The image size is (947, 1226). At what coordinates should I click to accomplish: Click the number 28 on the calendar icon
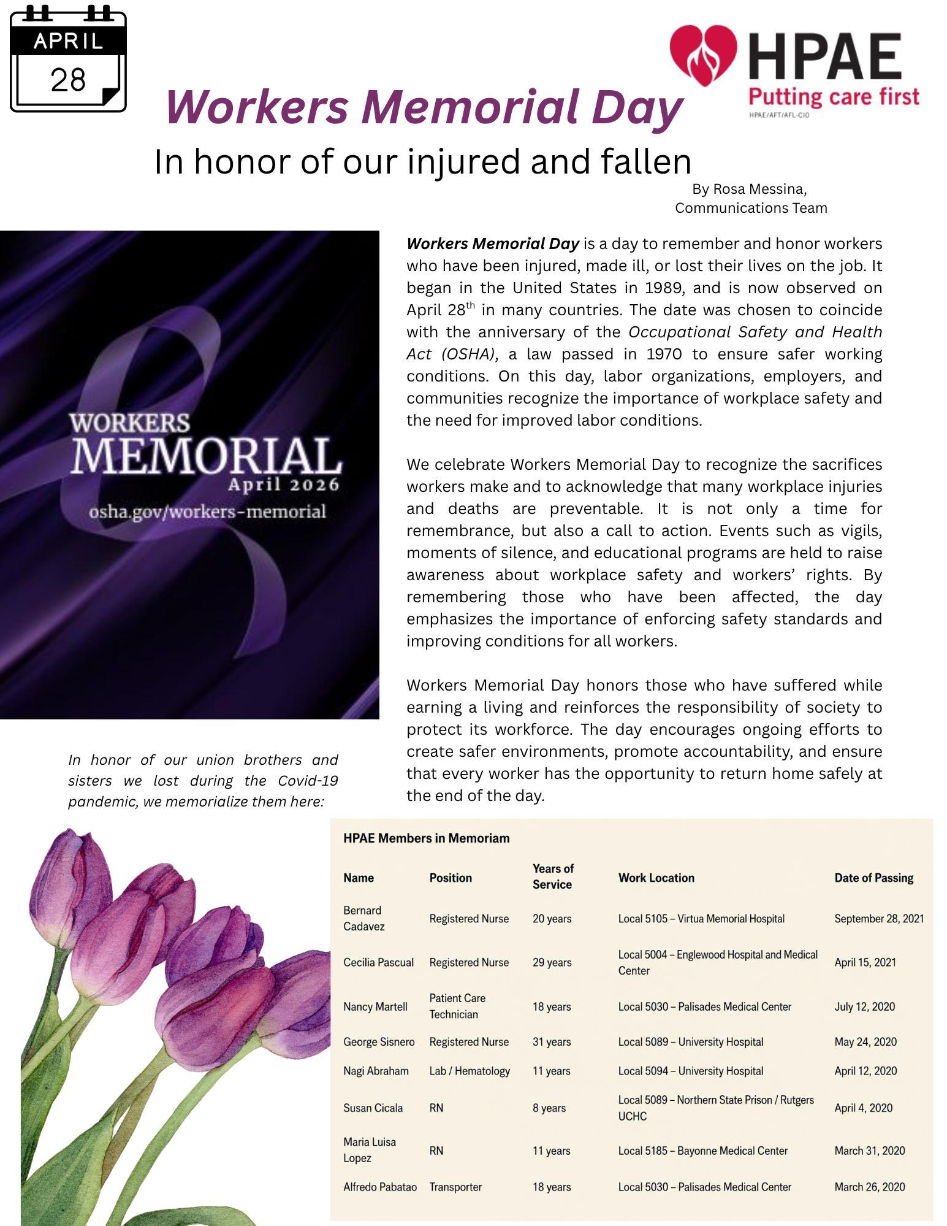(68, 80)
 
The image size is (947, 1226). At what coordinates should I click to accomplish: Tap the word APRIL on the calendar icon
(68, 41)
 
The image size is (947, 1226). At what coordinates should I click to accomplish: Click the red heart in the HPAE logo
(703, 56)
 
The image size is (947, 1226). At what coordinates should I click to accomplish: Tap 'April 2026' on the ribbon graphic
(283, 485)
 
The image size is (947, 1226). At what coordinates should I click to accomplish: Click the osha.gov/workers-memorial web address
(208, 511)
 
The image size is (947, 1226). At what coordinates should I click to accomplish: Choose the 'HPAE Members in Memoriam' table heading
(426, 838)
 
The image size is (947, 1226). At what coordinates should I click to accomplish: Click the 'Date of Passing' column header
(873, 878)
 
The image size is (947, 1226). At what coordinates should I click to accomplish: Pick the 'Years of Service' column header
(552, 876)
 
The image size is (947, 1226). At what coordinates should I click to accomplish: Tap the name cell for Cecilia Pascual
(378, 962)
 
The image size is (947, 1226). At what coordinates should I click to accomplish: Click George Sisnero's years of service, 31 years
(552, 1042)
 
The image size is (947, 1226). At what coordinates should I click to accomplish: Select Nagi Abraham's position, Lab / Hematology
(470, 1071)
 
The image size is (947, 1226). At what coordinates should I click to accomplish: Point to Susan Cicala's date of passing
(863, 1108)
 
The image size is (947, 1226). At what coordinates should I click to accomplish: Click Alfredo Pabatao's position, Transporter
(455, 1187)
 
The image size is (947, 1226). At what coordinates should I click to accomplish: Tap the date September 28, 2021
(878, 919)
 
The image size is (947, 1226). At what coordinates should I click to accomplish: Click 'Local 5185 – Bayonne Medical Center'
(702, 1151)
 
